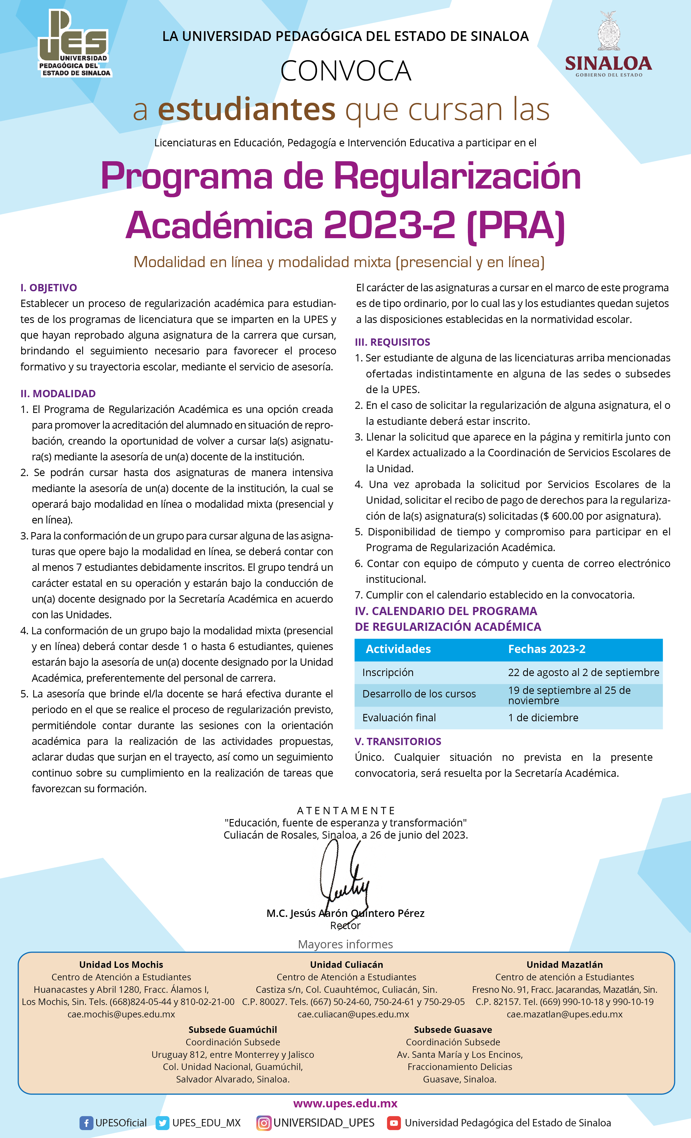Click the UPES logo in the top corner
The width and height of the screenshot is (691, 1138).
pos(74,44)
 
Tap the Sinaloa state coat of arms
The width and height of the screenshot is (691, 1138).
pos(609,31)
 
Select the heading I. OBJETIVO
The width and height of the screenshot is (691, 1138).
pos(49,288)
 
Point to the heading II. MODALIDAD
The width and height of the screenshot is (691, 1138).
pos(58,393)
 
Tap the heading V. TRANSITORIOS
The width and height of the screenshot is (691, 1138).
pos(398,741)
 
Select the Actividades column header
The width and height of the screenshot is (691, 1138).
pos(398,649)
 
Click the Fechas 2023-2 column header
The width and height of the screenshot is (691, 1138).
pos(546,649)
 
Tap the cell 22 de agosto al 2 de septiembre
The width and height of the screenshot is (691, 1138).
pos(583,673)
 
